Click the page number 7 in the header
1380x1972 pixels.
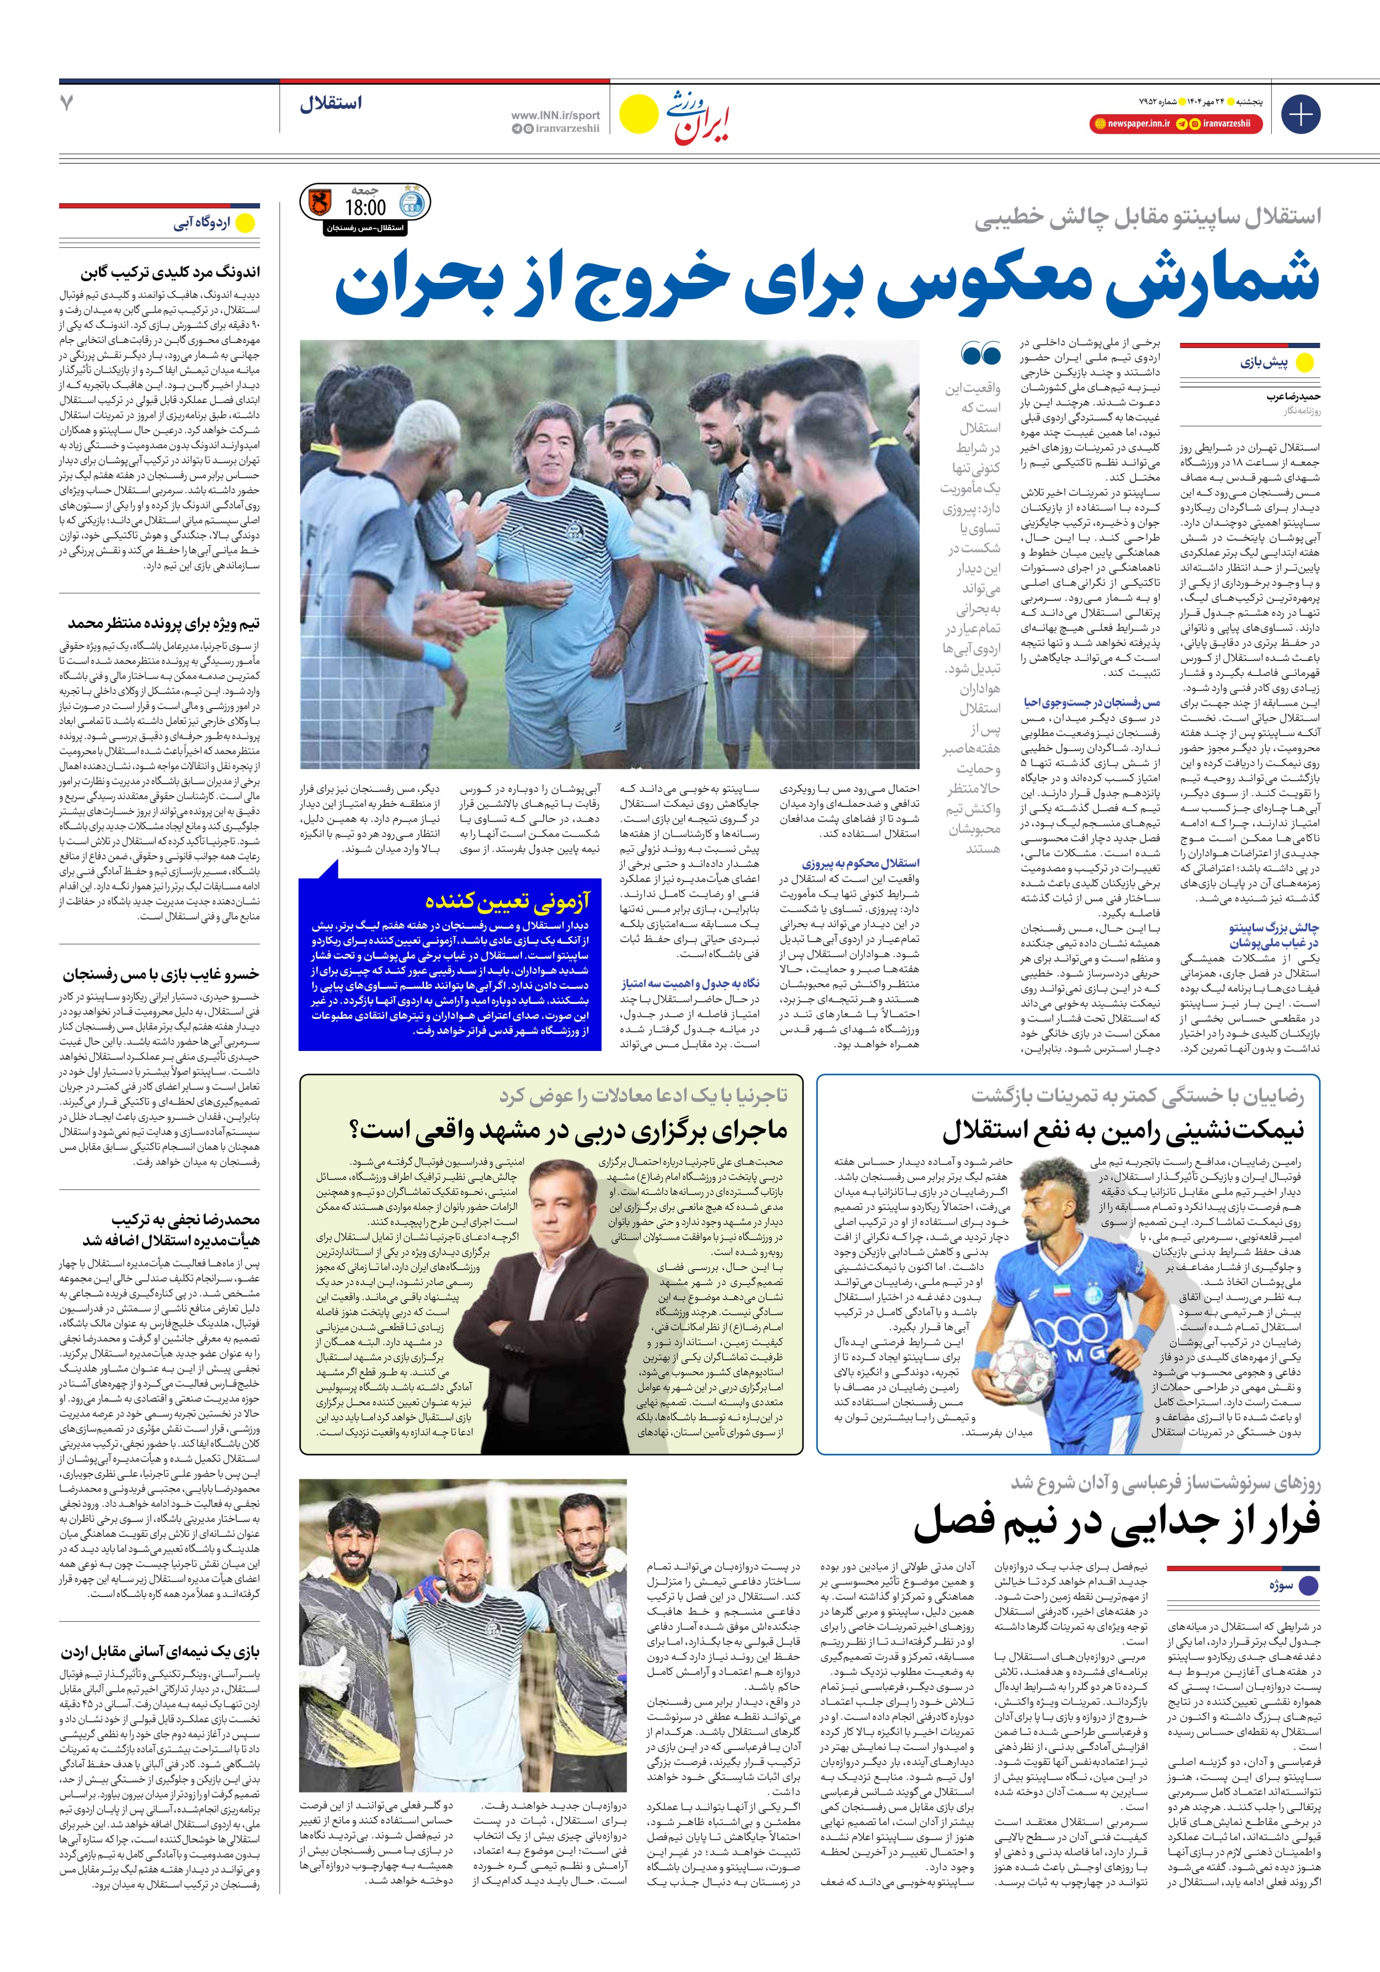(67, 103)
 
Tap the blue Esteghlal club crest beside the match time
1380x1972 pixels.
(413, 203)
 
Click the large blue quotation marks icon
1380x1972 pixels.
(981, 353)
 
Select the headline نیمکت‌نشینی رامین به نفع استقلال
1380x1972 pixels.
(1122, 1131)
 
